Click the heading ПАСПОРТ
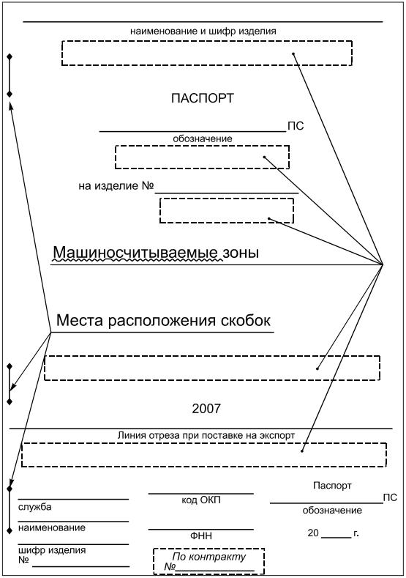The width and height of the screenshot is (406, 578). (203, 98)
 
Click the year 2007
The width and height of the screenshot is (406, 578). (206, 409)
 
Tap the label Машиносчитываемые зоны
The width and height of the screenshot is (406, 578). (156, 253)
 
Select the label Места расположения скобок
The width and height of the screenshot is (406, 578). (163, 320)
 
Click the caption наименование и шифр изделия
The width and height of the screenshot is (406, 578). (203, 32)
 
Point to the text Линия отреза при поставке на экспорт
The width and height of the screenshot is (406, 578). (206, 435)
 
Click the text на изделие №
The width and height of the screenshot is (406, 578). (116, 186)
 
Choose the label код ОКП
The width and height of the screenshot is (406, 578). (201, 500)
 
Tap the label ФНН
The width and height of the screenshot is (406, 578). (201, 536)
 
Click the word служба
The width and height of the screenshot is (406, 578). (35, 507)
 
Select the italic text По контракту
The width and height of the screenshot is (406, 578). (208, 556)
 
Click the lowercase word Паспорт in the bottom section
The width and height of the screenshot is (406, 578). (332, 486)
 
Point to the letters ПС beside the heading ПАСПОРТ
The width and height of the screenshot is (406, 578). (296, 126)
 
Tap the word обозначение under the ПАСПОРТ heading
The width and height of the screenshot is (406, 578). (203, 138)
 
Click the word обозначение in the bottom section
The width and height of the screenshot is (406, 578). (332, 510)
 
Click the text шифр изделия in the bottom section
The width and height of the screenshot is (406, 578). (52, 550)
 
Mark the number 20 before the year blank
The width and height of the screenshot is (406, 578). (313, 533)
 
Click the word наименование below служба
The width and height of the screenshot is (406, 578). (52, 527)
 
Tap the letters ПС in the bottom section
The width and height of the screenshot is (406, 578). (390, 497)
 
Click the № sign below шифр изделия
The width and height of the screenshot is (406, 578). (23, 560)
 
